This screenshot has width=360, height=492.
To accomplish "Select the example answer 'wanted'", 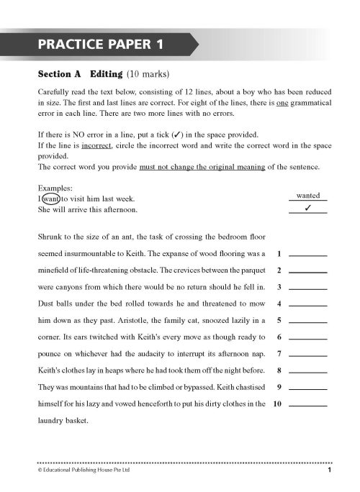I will (x=307, y=195).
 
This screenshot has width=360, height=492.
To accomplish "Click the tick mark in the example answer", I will (x=307, y=209).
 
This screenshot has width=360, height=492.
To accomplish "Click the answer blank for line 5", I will (x=307, y=321).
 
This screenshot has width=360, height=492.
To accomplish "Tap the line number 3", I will (x=279, y=288).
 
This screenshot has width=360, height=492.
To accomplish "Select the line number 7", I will (x=279, y=355).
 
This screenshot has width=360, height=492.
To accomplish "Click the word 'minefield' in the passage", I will (x=57, y=270).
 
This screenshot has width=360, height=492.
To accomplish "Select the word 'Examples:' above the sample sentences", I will (x=54, y=186).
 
